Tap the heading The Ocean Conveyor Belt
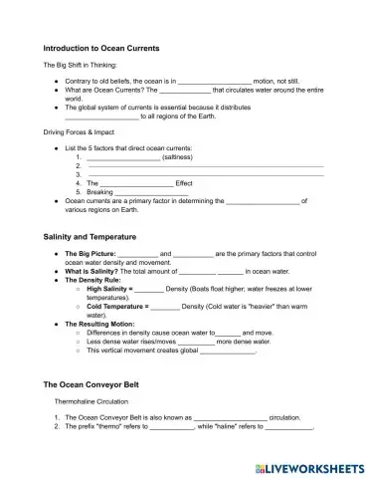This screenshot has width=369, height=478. click(x=95, y=383)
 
